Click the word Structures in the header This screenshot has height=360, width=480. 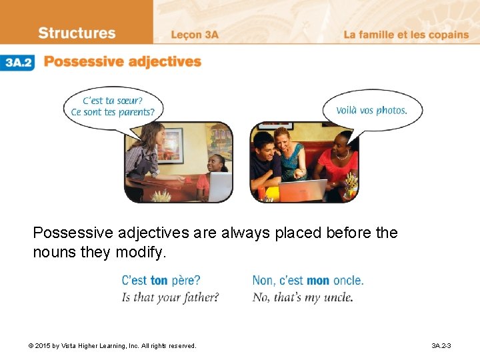pos(77,33)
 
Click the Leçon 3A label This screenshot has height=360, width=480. pos(194,35)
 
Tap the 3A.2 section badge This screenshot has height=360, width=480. pos(17,63)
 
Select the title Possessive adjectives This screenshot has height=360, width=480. pos(123,62)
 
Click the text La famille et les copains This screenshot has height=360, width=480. pos(406,35)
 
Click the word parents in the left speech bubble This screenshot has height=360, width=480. pos(137,113)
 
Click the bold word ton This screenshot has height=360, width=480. pos(159,281)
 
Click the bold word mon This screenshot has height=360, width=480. pos(318,281)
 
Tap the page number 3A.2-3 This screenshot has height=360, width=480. pos(441,345)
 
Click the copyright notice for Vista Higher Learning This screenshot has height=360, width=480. pos(112,345)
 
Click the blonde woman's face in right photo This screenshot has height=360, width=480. pos(282,140)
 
